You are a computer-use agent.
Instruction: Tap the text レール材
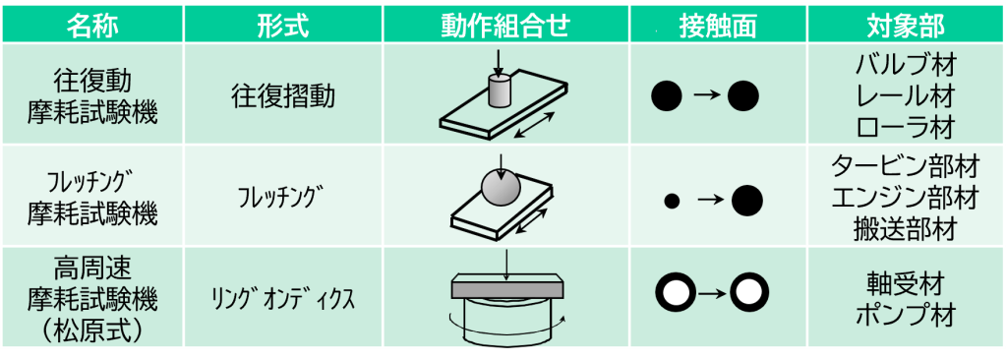point(906,96)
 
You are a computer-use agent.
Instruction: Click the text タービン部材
point(906,165)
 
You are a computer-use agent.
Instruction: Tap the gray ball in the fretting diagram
point(502,186)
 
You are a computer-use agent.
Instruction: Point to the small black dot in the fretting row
point(673,201)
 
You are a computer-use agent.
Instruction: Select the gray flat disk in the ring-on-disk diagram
point(505,289)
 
